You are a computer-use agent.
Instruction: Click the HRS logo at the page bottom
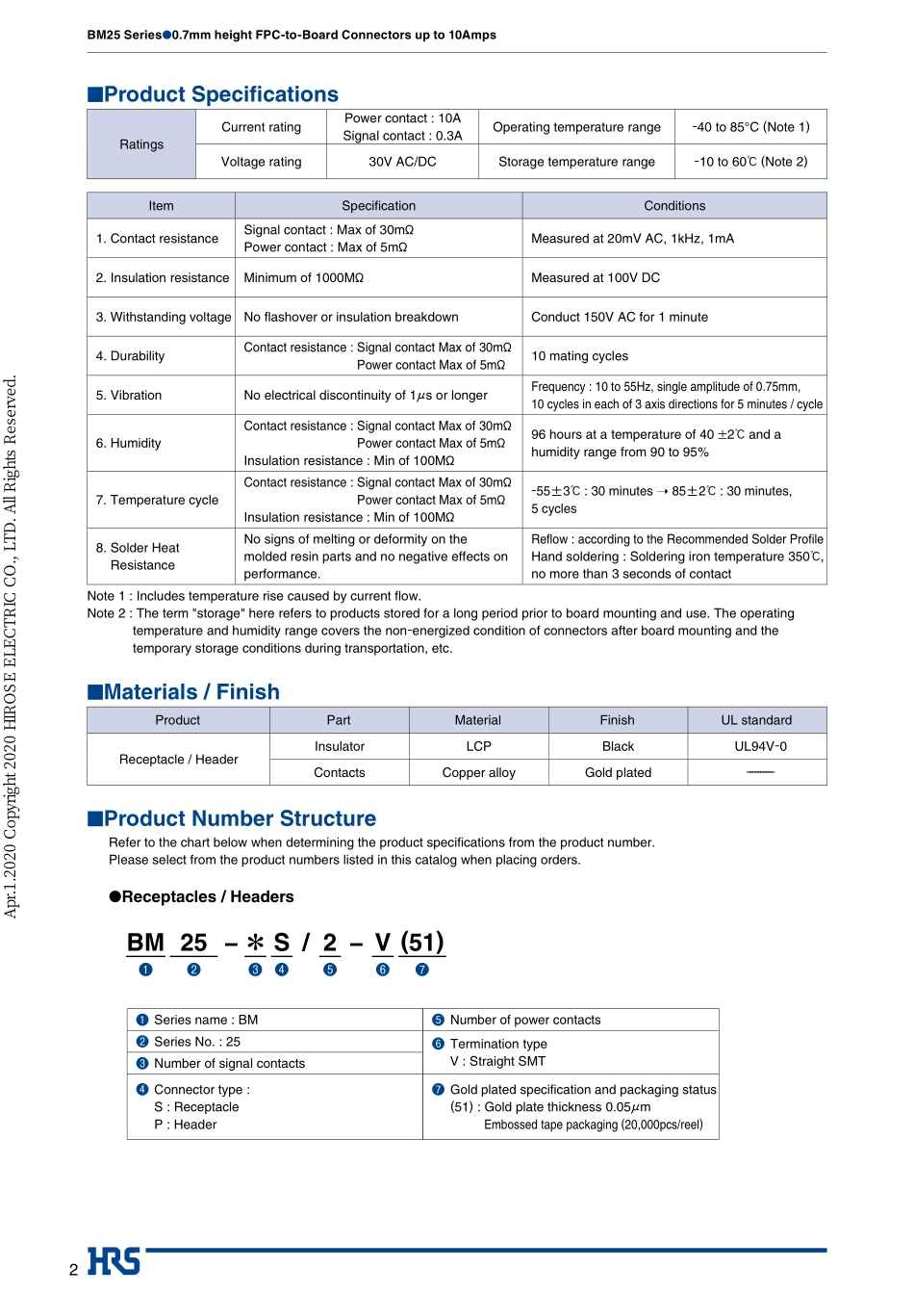tap(114, 1261)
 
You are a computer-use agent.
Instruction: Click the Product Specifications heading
tap(220, 94)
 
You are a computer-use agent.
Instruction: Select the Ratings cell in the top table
tap(141, 144)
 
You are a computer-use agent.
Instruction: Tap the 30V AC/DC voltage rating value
tap(402, 162)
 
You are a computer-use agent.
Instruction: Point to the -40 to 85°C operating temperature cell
tap(750, 127)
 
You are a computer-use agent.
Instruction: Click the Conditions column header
tap(674, 206)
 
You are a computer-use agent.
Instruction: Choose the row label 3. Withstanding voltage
tap(164, 317)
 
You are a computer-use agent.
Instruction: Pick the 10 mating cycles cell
tap(579, 356)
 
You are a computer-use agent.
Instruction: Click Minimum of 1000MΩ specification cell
tap(304, 278)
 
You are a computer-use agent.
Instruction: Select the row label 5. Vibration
tap(129, 396)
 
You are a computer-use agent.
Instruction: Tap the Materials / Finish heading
tap(190, 692)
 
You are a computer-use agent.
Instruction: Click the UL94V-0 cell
tap(760, 746)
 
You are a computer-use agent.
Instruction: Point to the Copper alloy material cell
tap(478, 772)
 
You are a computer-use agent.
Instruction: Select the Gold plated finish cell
tap(618, 772)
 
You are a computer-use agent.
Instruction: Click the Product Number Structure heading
tap(240, 818)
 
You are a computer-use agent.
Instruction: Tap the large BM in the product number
tap(145, 943)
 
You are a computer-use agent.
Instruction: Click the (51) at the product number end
tap(422, 943)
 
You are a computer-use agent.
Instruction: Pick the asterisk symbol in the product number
tap(255, 943)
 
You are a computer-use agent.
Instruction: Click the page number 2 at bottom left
tap(74, 1269)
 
